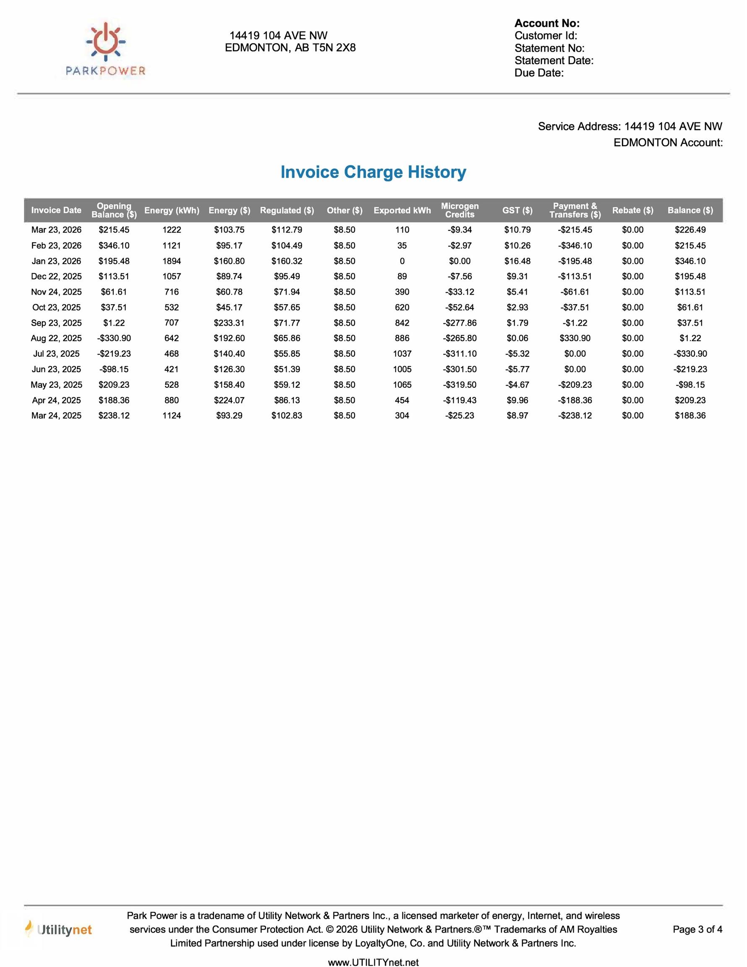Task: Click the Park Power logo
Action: point(105,49)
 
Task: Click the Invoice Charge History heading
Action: point(373,172)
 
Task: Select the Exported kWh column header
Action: point(402,210)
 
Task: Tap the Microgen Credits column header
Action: point(460,210)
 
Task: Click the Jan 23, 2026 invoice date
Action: point(56,261)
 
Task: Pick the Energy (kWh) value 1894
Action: point(171,261)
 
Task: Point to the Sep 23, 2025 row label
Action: point(56,323)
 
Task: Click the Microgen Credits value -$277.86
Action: point(460,323)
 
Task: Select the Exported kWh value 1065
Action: point(402,385)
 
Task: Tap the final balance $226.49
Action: point(690,230)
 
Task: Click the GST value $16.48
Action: point(517,261)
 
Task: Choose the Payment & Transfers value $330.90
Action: point(575,338)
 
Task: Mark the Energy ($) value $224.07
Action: point(229,400)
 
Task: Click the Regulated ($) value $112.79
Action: point(287,230)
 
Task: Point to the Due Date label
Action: point(539,73)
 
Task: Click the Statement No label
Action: point(549,48)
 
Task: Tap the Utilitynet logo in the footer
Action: point(58,930)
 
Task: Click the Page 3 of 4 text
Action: point(697,929)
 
